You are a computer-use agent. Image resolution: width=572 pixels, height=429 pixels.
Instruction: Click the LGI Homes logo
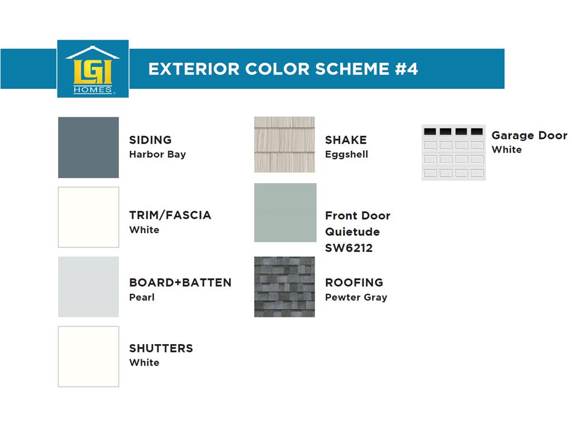pos(93,69)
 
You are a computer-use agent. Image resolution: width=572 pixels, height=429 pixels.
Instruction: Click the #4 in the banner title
pos(407,69)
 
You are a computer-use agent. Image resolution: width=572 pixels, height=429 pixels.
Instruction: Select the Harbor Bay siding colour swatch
pos(88,147)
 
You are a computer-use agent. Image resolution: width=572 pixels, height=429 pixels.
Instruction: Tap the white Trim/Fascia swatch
pos(88,217)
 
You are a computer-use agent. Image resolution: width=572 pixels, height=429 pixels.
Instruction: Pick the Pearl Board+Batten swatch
pos(88,287)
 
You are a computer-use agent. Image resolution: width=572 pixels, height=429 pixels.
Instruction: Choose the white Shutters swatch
pos(88,356)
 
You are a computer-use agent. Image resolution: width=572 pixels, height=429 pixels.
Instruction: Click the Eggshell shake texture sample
pos(284,145)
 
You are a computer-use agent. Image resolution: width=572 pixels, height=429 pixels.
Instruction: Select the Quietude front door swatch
pos(285,213)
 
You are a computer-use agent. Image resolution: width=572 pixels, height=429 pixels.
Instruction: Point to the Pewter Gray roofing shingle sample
pos(284,287)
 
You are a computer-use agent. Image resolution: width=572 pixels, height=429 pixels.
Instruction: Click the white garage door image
pos(454,152)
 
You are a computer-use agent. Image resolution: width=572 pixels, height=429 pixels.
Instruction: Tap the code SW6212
pos(349,248)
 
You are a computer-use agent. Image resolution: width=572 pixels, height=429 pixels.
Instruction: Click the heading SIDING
pos(150,140)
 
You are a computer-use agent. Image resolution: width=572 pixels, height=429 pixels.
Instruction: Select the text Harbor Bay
pos(158,154)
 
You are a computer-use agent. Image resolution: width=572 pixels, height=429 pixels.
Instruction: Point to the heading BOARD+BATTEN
pos(180,282)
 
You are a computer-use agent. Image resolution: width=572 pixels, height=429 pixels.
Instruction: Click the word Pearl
pos(142,297)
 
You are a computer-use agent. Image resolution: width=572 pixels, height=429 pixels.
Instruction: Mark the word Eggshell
pos(346,154)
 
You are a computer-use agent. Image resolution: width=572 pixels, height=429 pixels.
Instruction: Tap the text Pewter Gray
pos(356,297)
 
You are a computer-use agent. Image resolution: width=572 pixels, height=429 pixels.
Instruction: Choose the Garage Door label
pos(530,135)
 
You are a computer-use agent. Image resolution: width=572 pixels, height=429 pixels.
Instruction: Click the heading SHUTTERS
pos(161,349)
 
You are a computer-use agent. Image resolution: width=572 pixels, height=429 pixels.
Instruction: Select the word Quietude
pos(352,232)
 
